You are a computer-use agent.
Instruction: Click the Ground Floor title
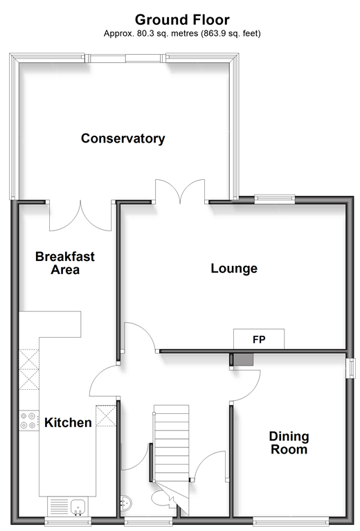(x=182, y=19)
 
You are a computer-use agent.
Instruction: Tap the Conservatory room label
(x=123, y=138)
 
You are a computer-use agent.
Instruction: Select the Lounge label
(x=234, y=268)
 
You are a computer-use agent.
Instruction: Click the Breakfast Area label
(x=65, y=263)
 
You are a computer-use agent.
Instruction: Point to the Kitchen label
(x=68, y=422)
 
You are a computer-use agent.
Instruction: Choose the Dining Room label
(x=289, y=443)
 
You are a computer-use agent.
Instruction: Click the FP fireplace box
(x=259, y=339)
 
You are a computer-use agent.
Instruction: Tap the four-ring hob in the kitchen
(x=29, y=420)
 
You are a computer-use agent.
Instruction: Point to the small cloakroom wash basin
(x=125, y=503)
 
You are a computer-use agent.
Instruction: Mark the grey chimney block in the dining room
(x=243, y=359)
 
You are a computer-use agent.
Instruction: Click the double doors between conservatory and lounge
(x=180, y=192)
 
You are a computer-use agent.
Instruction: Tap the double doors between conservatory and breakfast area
(x=80, y=216)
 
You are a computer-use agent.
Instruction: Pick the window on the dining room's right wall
(x=352, y=368)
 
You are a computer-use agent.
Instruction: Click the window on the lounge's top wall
(x=275, y=199)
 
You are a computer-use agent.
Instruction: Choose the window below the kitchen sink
(x=68, y=521)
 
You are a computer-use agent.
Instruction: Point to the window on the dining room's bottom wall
(x=291, y=521)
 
